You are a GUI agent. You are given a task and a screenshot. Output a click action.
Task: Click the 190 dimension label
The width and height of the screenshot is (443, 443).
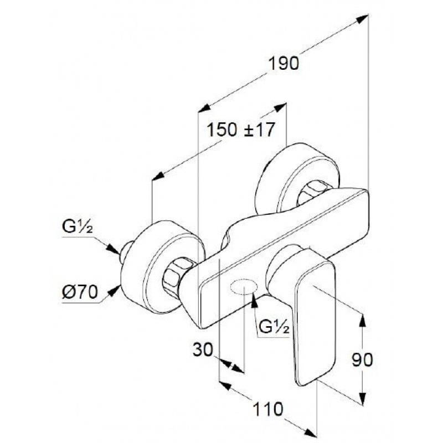coord(283,63)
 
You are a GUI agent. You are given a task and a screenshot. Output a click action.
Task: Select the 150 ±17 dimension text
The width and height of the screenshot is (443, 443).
coord(241,130)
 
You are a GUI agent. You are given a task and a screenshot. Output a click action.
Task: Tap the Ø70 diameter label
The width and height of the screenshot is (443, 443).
coord(80,292)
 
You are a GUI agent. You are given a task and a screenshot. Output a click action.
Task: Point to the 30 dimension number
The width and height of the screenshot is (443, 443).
coord(203,349)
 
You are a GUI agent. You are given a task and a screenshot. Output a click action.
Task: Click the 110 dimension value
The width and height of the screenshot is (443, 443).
coord(267,409)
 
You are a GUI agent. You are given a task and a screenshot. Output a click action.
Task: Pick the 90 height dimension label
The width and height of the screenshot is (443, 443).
coord(362,359)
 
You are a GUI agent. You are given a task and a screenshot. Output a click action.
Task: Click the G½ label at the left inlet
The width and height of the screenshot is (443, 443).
coord(77,226)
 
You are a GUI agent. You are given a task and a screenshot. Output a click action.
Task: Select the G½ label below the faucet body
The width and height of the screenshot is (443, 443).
coord(274,327)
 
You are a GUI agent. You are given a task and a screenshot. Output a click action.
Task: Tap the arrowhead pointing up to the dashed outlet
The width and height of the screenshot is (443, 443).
coord(254,300)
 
